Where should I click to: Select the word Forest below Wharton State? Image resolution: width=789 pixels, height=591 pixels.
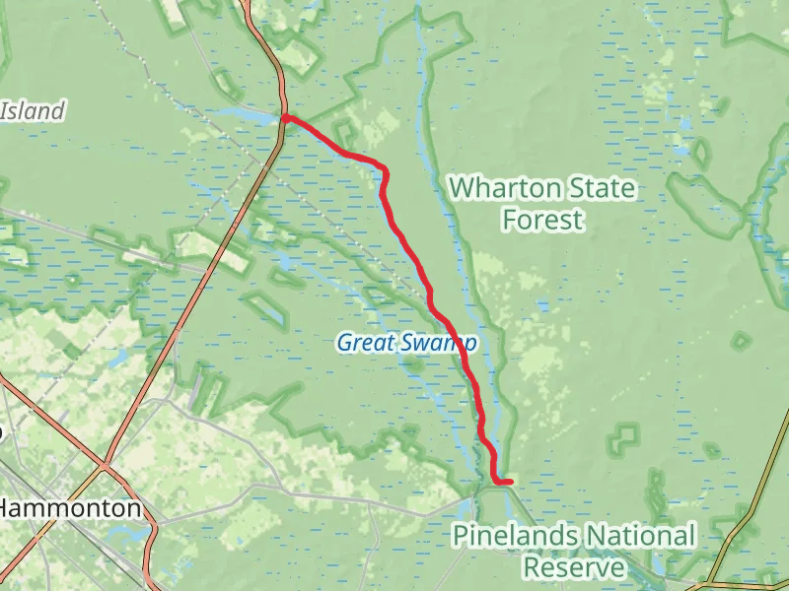[x=542, y=219]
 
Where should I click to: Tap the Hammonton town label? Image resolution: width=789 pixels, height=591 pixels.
[x=70, y=509]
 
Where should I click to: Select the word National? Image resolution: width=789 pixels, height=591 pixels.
[x=642, y=536]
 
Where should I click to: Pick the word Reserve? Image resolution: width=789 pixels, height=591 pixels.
[x=573, y=567]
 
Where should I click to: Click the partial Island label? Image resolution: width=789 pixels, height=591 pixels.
[x=32, y=111]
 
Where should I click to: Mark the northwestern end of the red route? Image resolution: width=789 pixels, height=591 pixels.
[x=285, y=118]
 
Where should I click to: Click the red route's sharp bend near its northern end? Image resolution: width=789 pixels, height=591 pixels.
[x=385, y=173]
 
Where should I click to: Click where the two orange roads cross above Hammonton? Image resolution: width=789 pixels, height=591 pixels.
[x=106, y=462]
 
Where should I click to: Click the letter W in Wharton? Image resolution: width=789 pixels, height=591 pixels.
[x=462, y=187]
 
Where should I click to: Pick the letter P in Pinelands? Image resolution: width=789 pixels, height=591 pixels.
[x=461, y=536]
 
